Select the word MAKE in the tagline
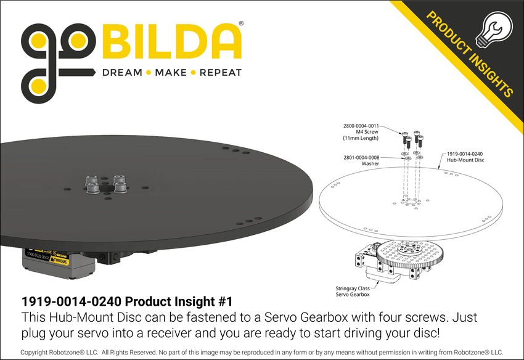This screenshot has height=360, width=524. click(x=171, y=73)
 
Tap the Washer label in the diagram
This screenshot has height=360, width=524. click(x=370, y=164)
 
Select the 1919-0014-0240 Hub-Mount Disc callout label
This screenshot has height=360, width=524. click(x=465, y=157)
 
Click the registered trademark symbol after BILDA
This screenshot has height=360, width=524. click(x=240, y=23)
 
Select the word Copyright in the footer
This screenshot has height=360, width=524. click(x=36, y=352)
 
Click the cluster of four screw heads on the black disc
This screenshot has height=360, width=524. click(x=105, y=184)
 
